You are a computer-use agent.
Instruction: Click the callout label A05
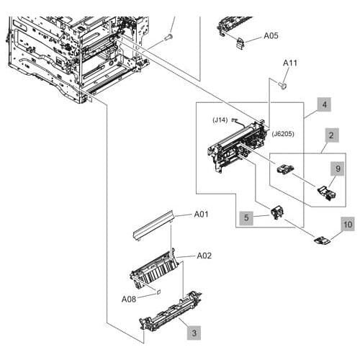(271, 34)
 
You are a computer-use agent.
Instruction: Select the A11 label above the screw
(289, 63)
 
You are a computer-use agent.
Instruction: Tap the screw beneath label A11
(282, 86)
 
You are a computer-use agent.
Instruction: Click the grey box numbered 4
(325, 105)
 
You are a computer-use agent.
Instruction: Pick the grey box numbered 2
(330, 135)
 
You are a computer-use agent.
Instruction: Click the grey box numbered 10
(347, 225)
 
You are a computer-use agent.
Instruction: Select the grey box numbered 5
(246, 215)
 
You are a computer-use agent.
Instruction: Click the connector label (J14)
(220, 120)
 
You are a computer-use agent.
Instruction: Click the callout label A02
(204, 256)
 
